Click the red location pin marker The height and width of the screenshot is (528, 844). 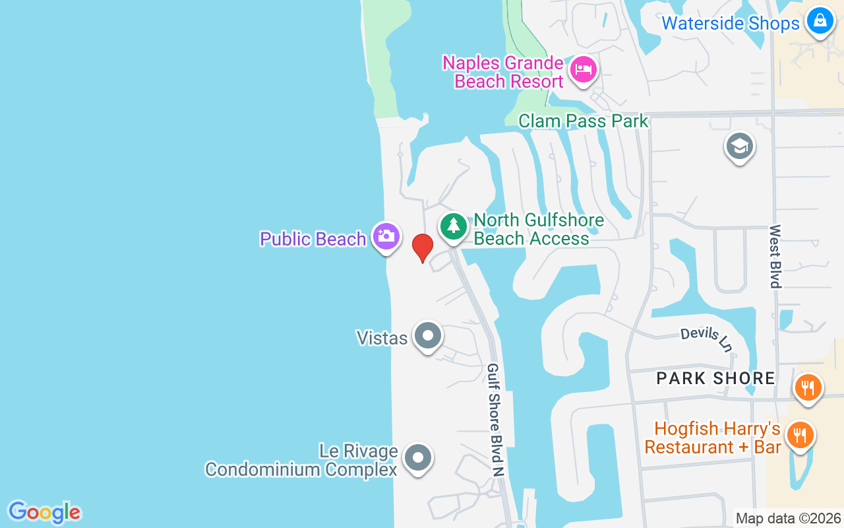(422, 247)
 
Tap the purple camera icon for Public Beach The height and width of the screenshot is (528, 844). (386, 236)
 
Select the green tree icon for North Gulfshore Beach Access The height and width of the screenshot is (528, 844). (453, 226)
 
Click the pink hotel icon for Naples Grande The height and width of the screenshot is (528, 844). (584, 68)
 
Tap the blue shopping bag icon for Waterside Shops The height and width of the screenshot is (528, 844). (820, 20)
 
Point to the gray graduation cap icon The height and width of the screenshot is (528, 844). (739, 146)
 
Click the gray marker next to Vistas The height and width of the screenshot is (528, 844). (428, 336)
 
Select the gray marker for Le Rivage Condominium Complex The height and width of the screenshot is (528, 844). (417, 457)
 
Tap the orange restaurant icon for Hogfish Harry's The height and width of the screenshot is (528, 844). (800, 436)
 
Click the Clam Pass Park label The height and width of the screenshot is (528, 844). (584, 121)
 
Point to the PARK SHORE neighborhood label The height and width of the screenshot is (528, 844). (716, 378)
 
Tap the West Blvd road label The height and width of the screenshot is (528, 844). (775, 257)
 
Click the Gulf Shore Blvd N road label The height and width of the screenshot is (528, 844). (495, 420)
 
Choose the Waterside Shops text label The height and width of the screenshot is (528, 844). (730, 24)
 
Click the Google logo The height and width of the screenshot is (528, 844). (44, 512)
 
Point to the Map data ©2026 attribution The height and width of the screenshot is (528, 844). (788, 519)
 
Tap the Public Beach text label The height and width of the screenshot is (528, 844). (313, 239)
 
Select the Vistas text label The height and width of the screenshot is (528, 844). (382, 338)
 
